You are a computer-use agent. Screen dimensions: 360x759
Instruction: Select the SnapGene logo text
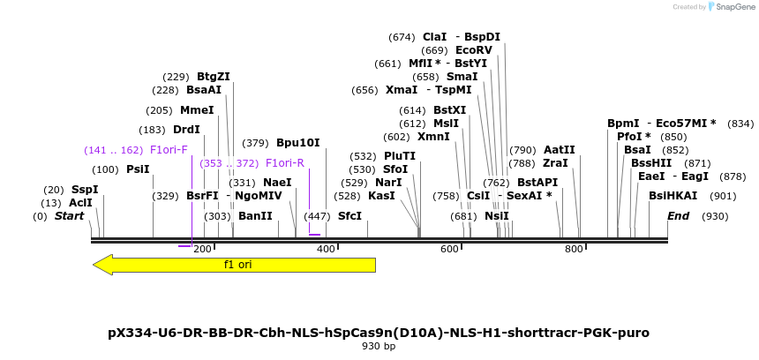734,7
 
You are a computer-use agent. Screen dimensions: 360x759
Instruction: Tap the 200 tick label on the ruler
203,250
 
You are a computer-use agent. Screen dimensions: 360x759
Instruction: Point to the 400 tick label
327,250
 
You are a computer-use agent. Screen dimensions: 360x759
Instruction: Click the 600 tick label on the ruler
450,250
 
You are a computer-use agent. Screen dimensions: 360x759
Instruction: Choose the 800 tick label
575,250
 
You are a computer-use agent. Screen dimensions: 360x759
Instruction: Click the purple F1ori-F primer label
169,150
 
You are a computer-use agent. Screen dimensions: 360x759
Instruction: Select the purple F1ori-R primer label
285,163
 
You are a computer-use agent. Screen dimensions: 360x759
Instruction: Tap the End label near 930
679,216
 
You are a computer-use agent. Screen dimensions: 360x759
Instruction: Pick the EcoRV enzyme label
474,50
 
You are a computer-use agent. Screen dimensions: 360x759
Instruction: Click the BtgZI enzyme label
214,77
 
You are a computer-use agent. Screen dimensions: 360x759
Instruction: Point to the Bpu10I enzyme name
298,143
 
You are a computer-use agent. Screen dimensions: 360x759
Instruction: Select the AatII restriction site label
559,150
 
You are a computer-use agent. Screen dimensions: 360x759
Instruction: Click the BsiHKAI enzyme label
673,196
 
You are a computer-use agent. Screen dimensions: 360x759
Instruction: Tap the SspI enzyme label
85,190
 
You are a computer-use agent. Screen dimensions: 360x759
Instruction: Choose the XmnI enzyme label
433,137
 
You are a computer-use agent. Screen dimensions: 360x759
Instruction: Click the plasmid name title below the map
379,333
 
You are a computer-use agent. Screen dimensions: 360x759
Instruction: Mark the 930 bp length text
379,347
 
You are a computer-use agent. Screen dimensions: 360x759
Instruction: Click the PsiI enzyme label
139,169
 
